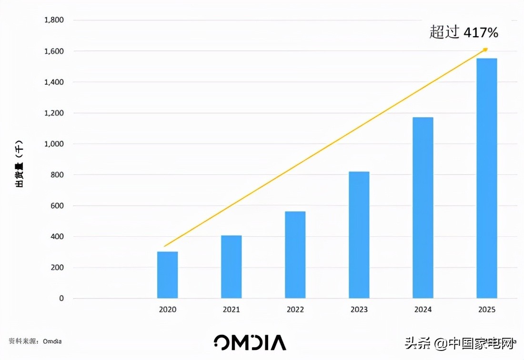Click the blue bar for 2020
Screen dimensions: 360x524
click(x=167, y=275)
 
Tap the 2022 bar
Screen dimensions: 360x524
click(x=295, y=255)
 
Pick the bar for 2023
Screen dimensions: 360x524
click(x=359, y=235)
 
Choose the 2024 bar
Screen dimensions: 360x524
click(x=423, y=208)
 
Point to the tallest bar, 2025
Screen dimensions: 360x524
click(x=486, y=178)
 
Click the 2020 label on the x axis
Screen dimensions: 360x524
click(x=167, y=310)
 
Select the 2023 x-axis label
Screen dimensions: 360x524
click(x=359, y=310)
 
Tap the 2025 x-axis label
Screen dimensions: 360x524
click(x=486, y=310)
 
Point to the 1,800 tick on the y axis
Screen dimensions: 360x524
click(x=54, y=20)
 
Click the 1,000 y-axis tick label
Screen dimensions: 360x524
click(x=54, y=144)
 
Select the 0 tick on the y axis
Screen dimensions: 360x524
click(x=61, y=299)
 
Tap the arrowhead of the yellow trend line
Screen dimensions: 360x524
click(x=485, y=49)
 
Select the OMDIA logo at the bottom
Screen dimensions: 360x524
click(x=250, y=342)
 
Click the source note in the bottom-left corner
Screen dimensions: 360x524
click(x=35, y=341)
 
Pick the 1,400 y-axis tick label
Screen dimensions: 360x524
click(x=54, y=82)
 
